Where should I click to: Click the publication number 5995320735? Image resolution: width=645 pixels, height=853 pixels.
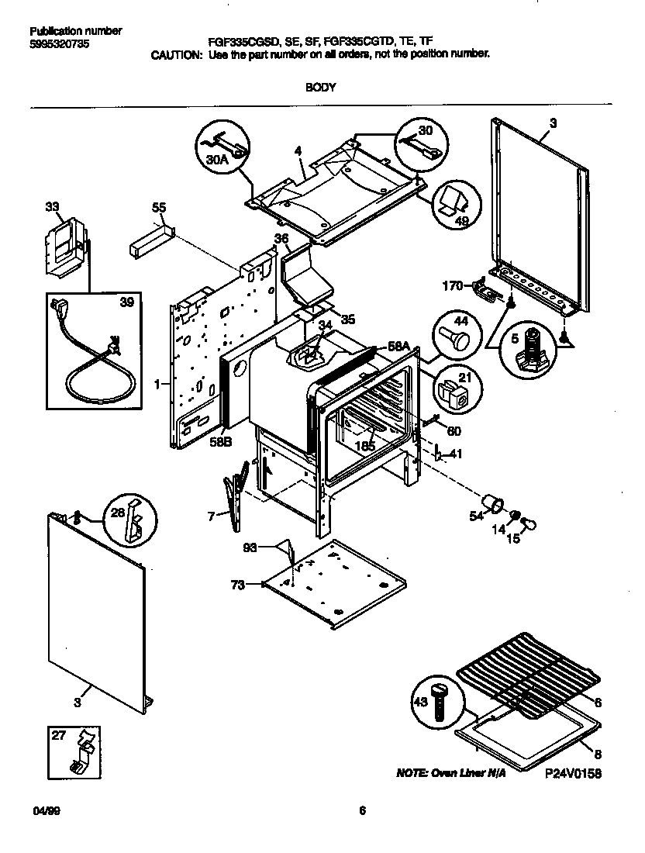click(59, 44)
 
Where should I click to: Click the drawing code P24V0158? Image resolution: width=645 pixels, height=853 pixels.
click(573, 774)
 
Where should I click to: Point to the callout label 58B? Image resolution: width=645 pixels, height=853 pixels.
click(221, 443)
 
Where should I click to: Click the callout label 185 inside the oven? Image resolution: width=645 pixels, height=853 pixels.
click(365, 446)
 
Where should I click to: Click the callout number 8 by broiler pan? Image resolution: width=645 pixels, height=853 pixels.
click(598, 753)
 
